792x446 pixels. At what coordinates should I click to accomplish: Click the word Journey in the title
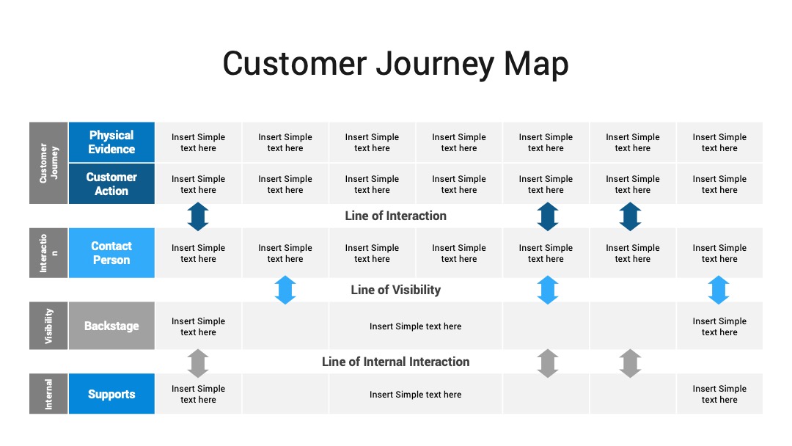coord(435,65)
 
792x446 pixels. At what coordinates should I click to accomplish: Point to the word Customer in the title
coord(295,64)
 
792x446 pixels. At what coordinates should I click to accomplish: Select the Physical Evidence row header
coord(111,142)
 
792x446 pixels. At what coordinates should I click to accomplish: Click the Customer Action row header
coord(111,184)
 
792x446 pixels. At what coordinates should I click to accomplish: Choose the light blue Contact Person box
coord(111,252)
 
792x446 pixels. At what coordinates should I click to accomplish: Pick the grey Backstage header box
coord(111,326)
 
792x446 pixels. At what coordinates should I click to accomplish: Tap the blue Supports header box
coord(111,394)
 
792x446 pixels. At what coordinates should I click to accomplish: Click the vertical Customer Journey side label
coord(48,163)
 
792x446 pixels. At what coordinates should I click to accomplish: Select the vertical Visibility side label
coord(48,326)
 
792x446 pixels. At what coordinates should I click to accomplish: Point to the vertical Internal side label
coord(48,394)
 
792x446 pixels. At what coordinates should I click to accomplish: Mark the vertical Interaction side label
coord(48,252)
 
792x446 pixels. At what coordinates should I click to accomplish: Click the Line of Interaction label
coord(395,216)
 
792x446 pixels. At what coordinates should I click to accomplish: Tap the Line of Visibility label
coord(395,290)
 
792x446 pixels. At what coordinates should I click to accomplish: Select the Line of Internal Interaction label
coord(395,362)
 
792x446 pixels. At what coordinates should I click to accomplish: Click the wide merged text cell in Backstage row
coord(415,326)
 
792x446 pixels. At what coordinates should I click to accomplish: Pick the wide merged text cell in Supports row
coord(415,395)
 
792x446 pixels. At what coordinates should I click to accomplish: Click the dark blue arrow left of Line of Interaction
coord(198,216)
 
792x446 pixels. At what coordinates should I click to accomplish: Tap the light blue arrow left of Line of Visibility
coord(285,290)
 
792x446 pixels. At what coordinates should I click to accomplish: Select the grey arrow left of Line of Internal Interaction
coord(198,363)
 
